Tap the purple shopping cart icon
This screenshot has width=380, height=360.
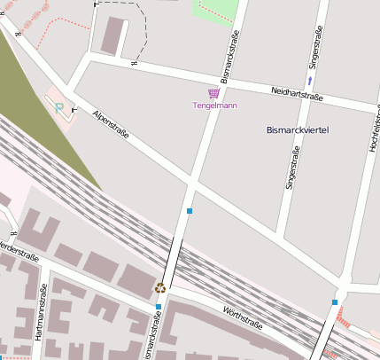click(213, 93)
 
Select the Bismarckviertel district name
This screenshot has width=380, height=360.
click(298, 130)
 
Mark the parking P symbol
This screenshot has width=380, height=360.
click(59, 108)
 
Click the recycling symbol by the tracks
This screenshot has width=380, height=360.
click(160, 286)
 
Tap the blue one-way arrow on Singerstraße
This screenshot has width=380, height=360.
click(310, 79)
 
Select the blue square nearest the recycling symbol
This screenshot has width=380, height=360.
click(159, 307)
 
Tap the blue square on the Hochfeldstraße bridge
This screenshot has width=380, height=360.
click(335, 302)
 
